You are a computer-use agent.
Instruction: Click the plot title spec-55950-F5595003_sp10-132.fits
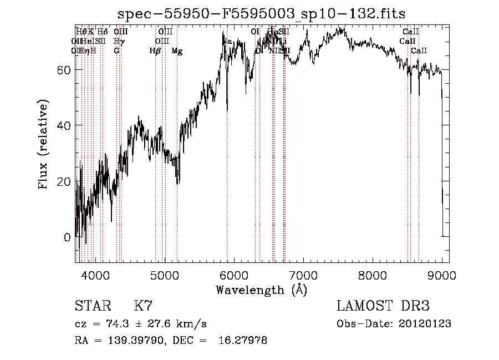tap(262, 14)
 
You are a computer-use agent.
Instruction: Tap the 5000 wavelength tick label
tap(165, 273)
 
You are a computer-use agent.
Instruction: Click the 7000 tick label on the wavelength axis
tap(303, 273)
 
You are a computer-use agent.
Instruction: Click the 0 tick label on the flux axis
tap(68, 237)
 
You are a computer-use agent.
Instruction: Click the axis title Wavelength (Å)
tap(261, 290)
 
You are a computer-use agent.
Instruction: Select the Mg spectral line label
tap(177, 52)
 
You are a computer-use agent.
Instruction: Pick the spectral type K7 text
tap(143, 306)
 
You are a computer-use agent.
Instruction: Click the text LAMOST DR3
tap(383, 306)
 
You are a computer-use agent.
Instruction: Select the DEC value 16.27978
tap(244, 341)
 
